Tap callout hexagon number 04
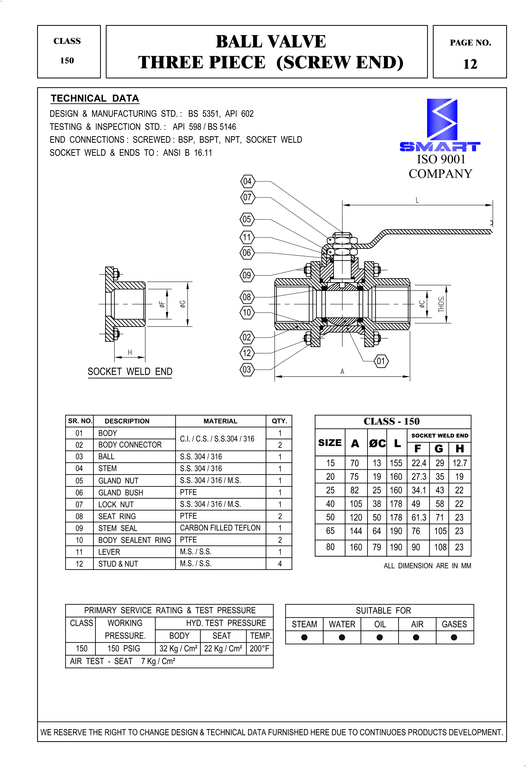247,181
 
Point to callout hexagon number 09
247,275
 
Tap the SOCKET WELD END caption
130,372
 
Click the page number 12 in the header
470,64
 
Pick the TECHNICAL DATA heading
95,98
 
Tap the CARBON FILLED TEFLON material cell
220,528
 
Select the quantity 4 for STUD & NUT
280,564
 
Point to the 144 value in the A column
356,531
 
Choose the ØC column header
377,443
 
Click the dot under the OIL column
380,637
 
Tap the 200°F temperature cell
260,649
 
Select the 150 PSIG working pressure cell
124,649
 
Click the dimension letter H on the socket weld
130,353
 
